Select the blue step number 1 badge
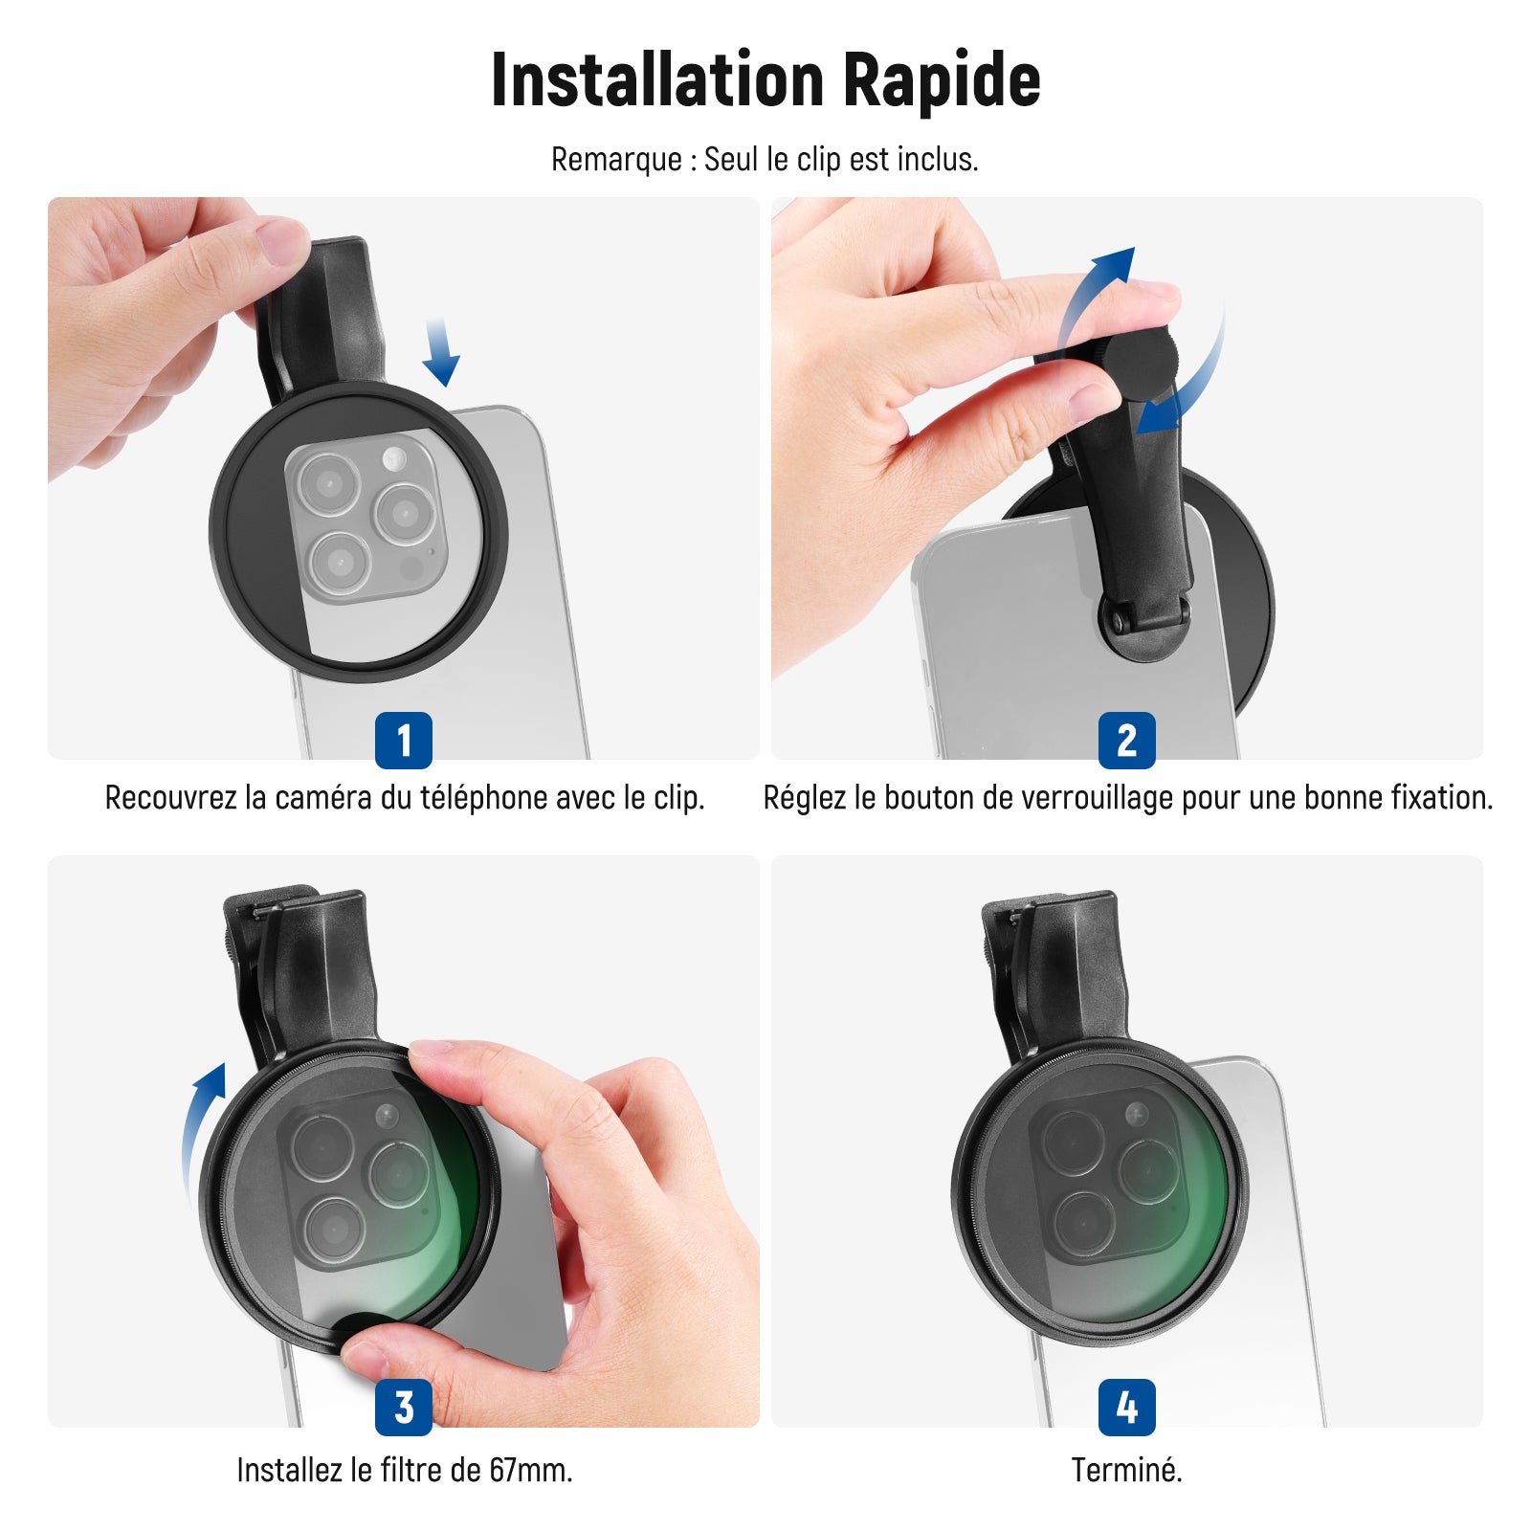pyautogui.click(x=404, y=740)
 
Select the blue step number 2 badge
pyautogui.click(x=1127, y=740)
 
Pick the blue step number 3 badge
pyautogui.click(x=404, y=1407)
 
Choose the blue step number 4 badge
pyautogui.click(x=1127, y=1407)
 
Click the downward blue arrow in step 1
pyautogui.click(x=440, y=352)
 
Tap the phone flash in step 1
pyautogui.click(x=393, y=459)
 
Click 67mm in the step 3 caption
pyautogui.click(x=530, y=1469)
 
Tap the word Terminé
pyautogui.click(x=1126, y=1469)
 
